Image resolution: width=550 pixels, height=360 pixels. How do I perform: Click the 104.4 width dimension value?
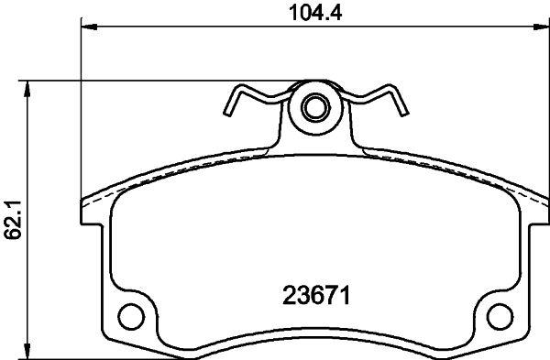(x=315, y=14)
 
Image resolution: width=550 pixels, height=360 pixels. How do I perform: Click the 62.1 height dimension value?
(x=14, y=220)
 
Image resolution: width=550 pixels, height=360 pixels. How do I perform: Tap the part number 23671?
(x=316, y=296)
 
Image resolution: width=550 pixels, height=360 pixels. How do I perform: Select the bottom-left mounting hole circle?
(x=131, y=317)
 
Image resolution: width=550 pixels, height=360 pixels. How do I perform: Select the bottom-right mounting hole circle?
(x=500, y=317)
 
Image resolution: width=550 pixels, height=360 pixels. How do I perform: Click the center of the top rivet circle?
(x=316, y=107)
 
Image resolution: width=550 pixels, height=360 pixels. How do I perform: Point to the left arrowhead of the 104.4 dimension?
(x=89, y=27)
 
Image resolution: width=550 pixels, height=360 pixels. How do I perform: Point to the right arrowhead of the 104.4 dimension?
(x=542, y=27)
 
